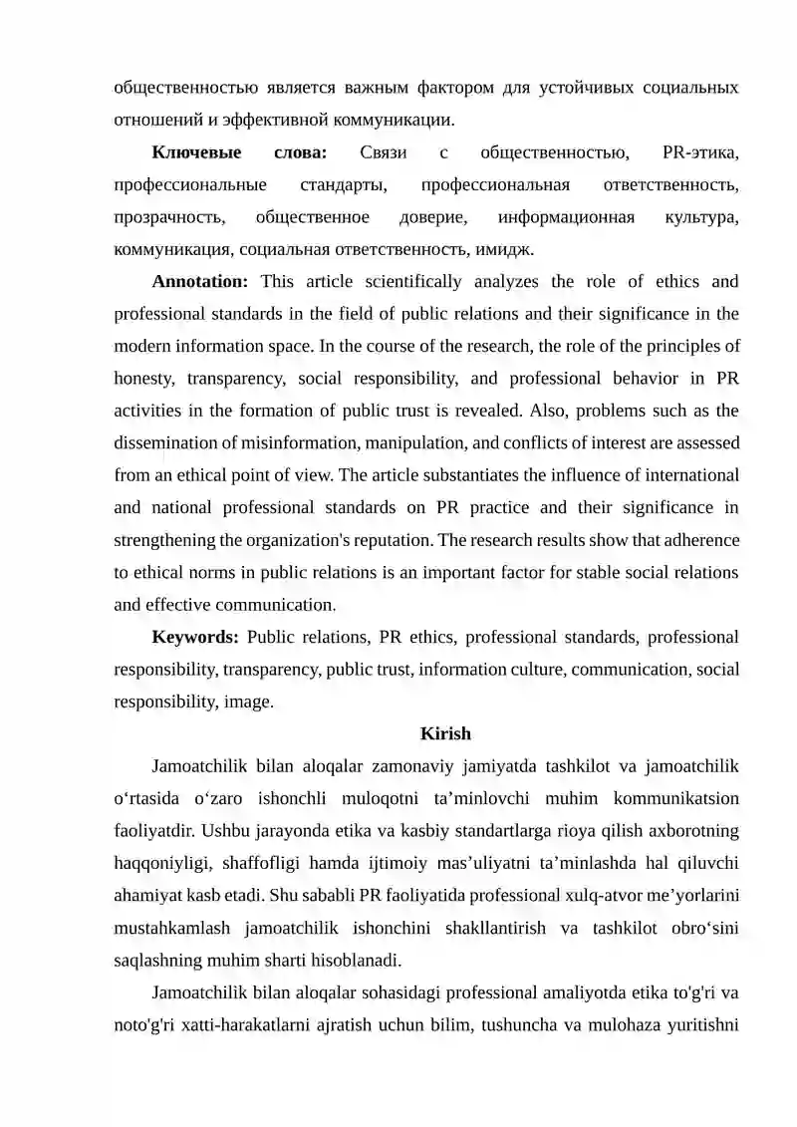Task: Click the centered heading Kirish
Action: pos(445,734)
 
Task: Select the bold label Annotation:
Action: pos(199,282)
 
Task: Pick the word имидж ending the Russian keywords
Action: pos(508,249)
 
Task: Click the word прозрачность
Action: pos(169,217)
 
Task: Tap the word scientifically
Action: pos(410,282)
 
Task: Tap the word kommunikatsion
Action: pos(672,798)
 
